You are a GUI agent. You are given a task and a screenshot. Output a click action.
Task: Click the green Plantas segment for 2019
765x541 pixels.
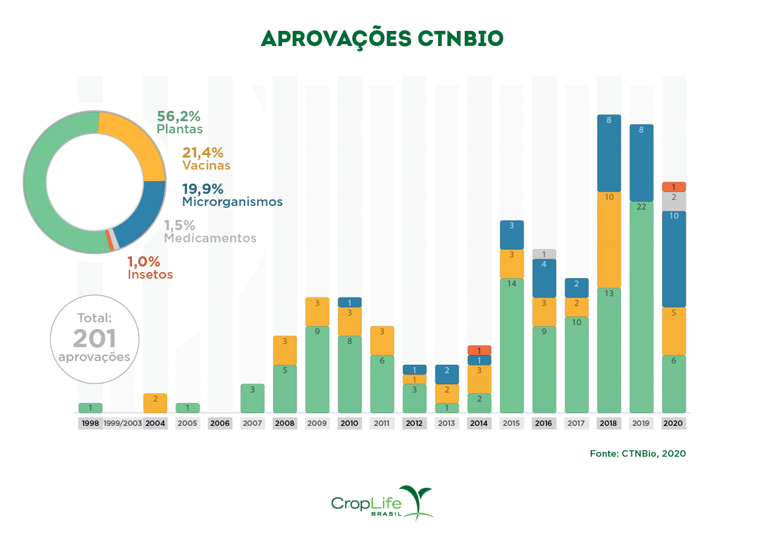641,307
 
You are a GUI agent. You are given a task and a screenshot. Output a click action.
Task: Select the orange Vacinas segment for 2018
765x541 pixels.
609,240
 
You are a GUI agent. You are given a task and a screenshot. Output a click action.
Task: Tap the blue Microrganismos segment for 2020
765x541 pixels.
674,259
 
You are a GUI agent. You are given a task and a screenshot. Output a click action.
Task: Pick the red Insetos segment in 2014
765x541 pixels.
479,350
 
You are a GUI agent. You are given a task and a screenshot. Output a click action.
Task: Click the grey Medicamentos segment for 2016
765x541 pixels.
544,254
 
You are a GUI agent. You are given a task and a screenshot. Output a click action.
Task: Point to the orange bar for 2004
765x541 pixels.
155,403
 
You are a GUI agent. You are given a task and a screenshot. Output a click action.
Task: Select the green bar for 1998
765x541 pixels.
90,408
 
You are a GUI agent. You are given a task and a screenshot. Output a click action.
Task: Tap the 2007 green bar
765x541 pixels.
252,398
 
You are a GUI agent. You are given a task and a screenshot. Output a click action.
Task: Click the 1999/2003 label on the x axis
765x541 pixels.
123,423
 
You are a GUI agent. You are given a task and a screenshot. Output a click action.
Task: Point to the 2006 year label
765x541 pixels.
220,423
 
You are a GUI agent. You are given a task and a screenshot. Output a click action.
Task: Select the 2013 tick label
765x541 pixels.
447,423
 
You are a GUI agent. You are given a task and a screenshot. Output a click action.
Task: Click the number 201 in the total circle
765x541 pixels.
94,338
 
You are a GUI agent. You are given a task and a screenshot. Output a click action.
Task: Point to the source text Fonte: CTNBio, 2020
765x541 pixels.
637,453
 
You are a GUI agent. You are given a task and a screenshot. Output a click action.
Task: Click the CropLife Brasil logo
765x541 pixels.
382,503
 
